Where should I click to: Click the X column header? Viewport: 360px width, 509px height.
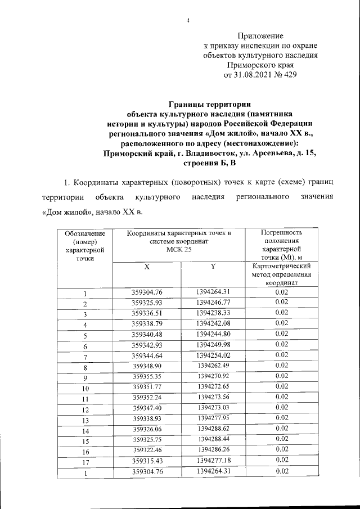(x=146, y=267)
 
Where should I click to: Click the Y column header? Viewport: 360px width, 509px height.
(x=214, y=267)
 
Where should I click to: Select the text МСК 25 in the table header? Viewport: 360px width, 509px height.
(x=179, y=250)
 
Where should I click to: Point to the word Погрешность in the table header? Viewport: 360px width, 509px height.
(x=282, y=232)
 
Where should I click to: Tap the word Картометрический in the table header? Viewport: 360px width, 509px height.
(x=282, y=266)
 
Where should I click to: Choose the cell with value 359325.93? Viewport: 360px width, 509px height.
(x=147, y=301)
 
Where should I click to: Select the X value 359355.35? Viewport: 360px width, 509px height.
(x=147, y=376)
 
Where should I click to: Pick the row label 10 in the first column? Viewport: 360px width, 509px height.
(x=84, y=388)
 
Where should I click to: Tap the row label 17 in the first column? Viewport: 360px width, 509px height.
(x=84, y=462)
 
